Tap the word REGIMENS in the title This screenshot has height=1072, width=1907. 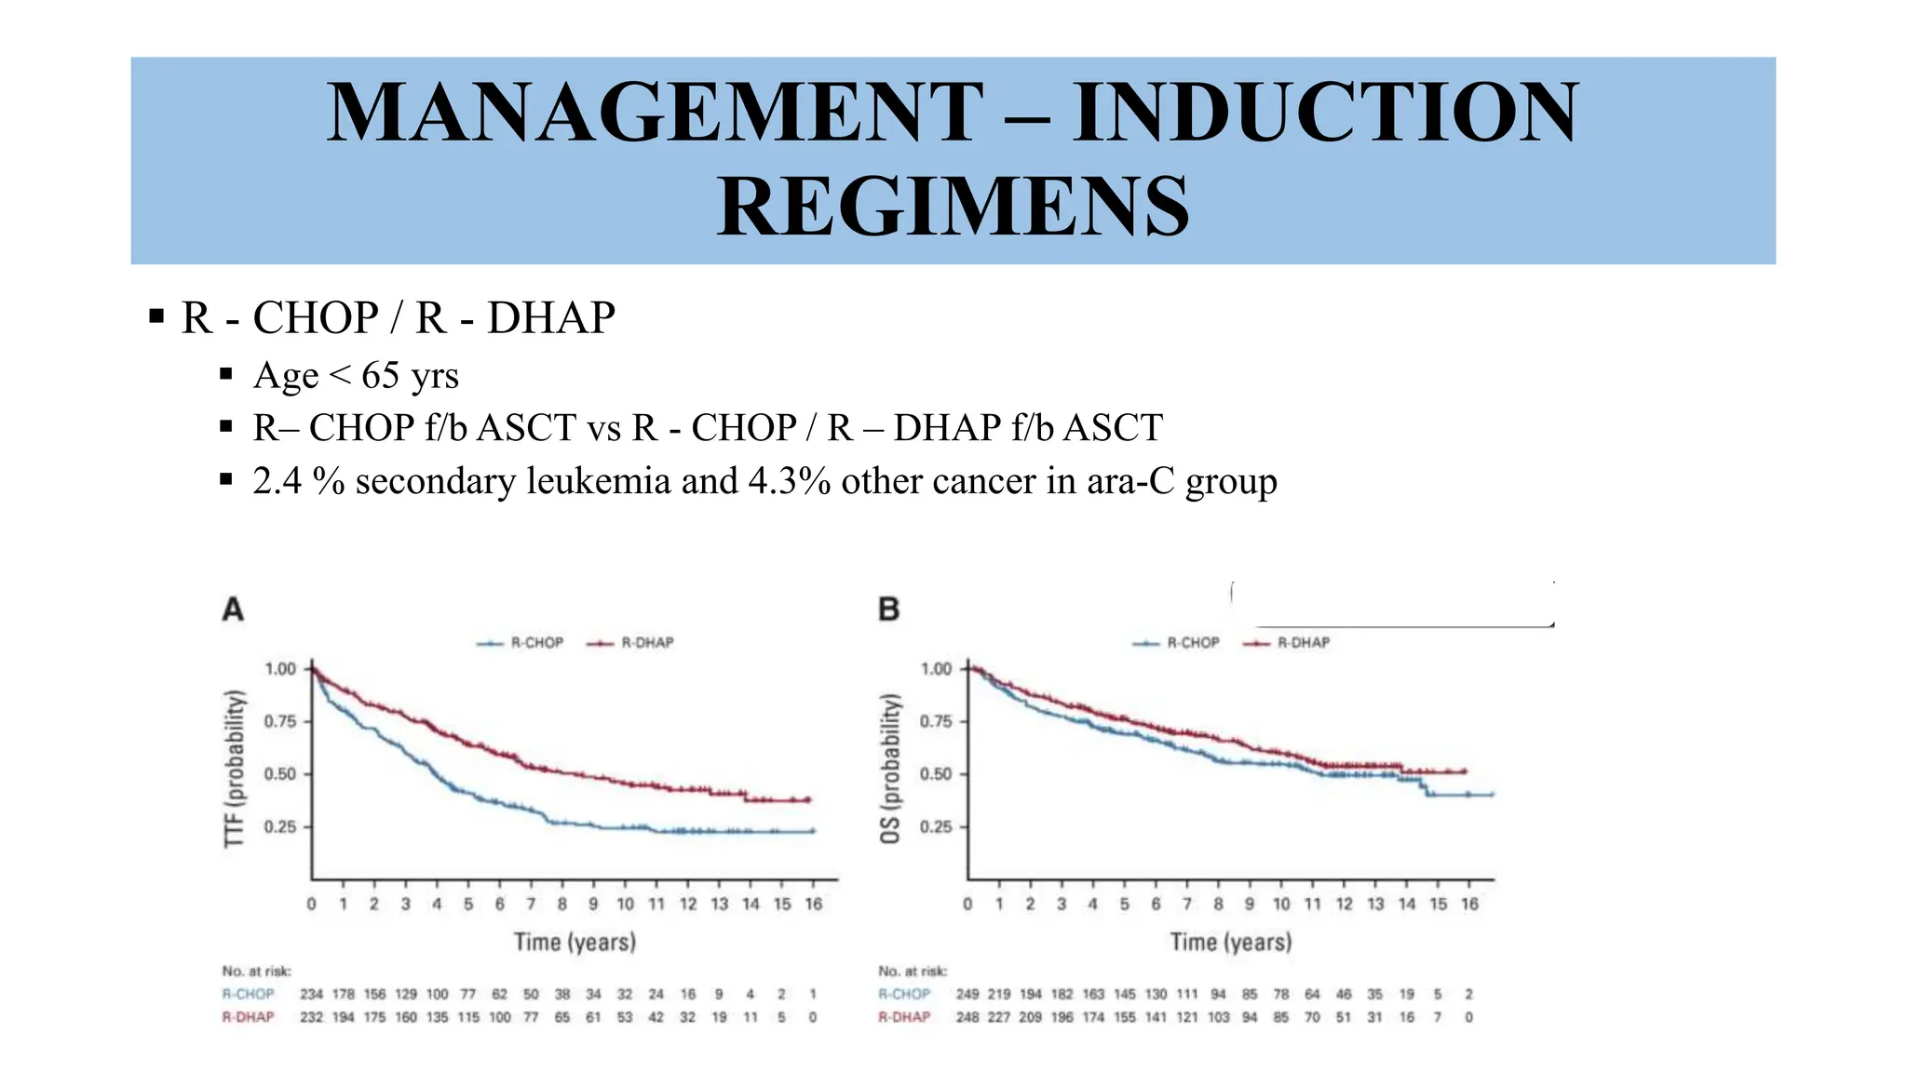click(953, 207)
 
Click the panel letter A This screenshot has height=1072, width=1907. click(233, 610)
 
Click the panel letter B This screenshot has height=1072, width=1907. click(888, 610)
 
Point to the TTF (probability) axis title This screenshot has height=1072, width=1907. click(236, 769)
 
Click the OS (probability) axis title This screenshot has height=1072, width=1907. click(891, 769)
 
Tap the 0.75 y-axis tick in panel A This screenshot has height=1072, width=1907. click(280, 721)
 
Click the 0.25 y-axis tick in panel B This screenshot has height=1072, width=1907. click(936, 827)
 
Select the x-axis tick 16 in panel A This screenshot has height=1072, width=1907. click(813, 904)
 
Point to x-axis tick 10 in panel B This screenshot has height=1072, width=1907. click(1281, 904)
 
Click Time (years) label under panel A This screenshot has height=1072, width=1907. click(575, 942)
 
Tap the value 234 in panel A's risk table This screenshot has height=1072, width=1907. click(311, 994)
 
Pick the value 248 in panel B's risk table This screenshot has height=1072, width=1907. click(967, 1017)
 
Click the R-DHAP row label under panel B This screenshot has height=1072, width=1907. click(903, 1017)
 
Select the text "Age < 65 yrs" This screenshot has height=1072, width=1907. click(356, 375)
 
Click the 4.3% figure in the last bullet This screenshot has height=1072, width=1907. click(789, 481)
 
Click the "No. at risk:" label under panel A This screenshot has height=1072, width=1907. click(256, 971)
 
